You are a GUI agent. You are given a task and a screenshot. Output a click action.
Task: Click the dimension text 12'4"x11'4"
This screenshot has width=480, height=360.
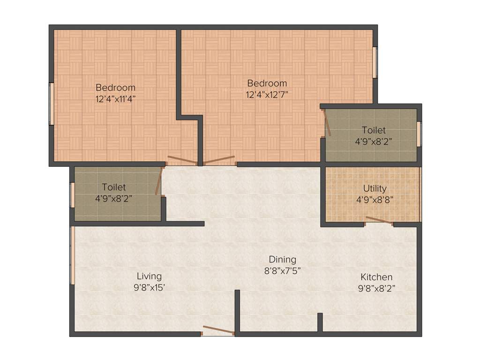point(116,99)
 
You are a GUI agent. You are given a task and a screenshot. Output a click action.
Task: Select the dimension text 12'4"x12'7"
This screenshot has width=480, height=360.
point(267,94)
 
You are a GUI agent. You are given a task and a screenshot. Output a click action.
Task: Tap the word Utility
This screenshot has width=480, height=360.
point(375,188)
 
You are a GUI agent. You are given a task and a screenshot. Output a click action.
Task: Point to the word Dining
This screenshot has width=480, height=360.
point(282,259)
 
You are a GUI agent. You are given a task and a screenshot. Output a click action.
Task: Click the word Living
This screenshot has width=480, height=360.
point(149,276)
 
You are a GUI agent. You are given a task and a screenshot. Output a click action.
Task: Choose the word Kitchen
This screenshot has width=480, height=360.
point(376,277)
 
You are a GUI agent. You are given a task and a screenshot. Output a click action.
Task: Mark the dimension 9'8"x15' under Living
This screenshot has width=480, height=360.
point(149,287)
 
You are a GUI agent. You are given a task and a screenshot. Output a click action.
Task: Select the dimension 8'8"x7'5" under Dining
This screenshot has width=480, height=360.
point(282,270)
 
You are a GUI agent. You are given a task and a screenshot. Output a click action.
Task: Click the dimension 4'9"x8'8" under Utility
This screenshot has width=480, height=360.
point(375,199)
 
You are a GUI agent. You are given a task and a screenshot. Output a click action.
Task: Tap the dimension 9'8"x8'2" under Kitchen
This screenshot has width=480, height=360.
point(376,288)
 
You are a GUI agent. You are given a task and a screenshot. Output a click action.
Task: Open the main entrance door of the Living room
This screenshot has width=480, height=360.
point(218,330)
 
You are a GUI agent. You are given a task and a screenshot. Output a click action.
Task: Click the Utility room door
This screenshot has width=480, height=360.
point(379,220)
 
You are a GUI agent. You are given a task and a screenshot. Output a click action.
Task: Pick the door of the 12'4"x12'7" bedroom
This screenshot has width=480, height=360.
point(219,160)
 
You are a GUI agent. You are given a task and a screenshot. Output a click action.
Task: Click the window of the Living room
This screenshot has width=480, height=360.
point(73,255)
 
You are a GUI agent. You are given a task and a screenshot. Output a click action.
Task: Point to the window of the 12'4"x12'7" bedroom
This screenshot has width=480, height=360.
point(375,62)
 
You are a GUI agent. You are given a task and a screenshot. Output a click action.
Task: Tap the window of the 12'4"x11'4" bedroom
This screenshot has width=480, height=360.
point(52,104)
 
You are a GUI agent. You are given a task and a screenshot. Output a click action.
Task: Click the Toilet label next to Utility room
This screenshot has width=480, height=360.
point(374,130)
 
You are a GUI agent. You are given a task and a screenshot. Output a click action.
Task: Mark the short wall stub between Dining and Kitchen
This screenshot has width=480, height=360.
point(320,322)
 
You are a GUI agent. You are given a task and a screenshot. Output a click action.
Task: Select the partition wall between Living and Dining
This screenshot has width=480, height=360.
point(237,312)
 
